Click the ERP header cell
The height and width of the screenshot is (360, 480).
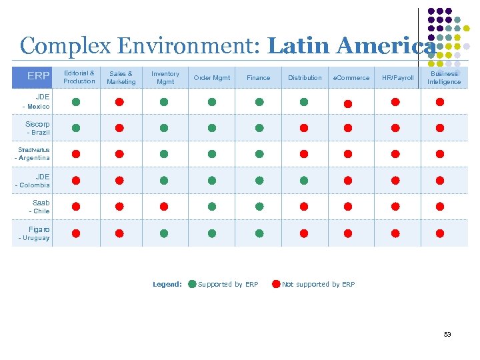tap(38, 76)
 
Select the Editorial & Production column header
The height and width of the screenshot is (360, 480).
tap(79, 77)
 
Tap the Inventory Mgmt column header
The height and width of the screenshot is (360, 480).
tap(165, 77)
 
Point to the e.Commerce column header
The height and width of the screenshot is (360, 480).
tap(351, 78)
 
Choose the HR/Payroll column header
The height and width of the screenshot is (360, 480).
tap(397, 78)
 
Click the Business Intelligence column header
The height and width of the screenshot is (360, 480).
tap(444, 77)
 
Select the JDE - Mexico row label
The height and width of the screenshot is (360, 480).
tap(37, 102)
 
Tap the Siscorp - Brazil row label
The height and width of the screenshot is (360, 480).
tap(37, 128)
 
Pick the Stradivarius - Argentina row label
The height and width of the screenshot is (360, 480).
tap(33, 154)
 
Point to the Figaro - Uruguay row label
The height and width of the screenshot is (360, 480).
tap(35, 233)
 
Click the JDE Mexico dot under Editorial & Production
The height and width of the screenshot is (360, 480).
tap(76, 102)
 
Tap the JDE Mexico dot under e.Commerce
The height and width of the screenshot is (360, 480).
tap(347, 103)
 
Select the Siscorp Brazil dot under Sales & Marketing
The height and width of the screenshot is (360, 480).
tap(119, 128)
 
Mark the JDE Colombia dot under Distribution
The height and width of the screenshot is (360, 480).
tap(304, 180)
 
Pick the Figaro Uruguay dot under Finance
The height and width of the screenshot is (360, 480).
tap(259, 233)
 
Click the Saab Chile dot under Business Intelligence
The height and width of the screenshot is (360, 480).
tap(440, 207)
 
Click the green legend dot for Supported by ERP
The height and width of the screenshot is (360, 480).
tap(192, 284)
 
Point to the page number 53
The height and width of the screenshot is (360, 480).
tap(447, 334)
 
